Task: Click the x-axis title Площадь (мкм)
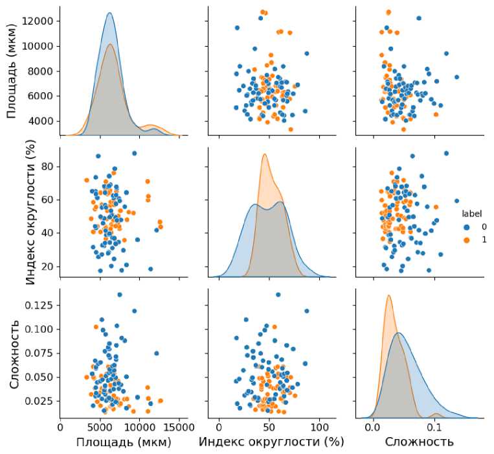(124, 442)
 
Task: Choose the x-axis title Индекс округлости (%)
(271, 442)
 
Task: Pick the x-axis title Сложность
(420, 442)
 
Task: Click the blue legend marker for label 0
(466, 227)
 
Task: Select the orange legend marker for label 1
(466, 240)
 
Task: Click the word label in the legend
(470, 213)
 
